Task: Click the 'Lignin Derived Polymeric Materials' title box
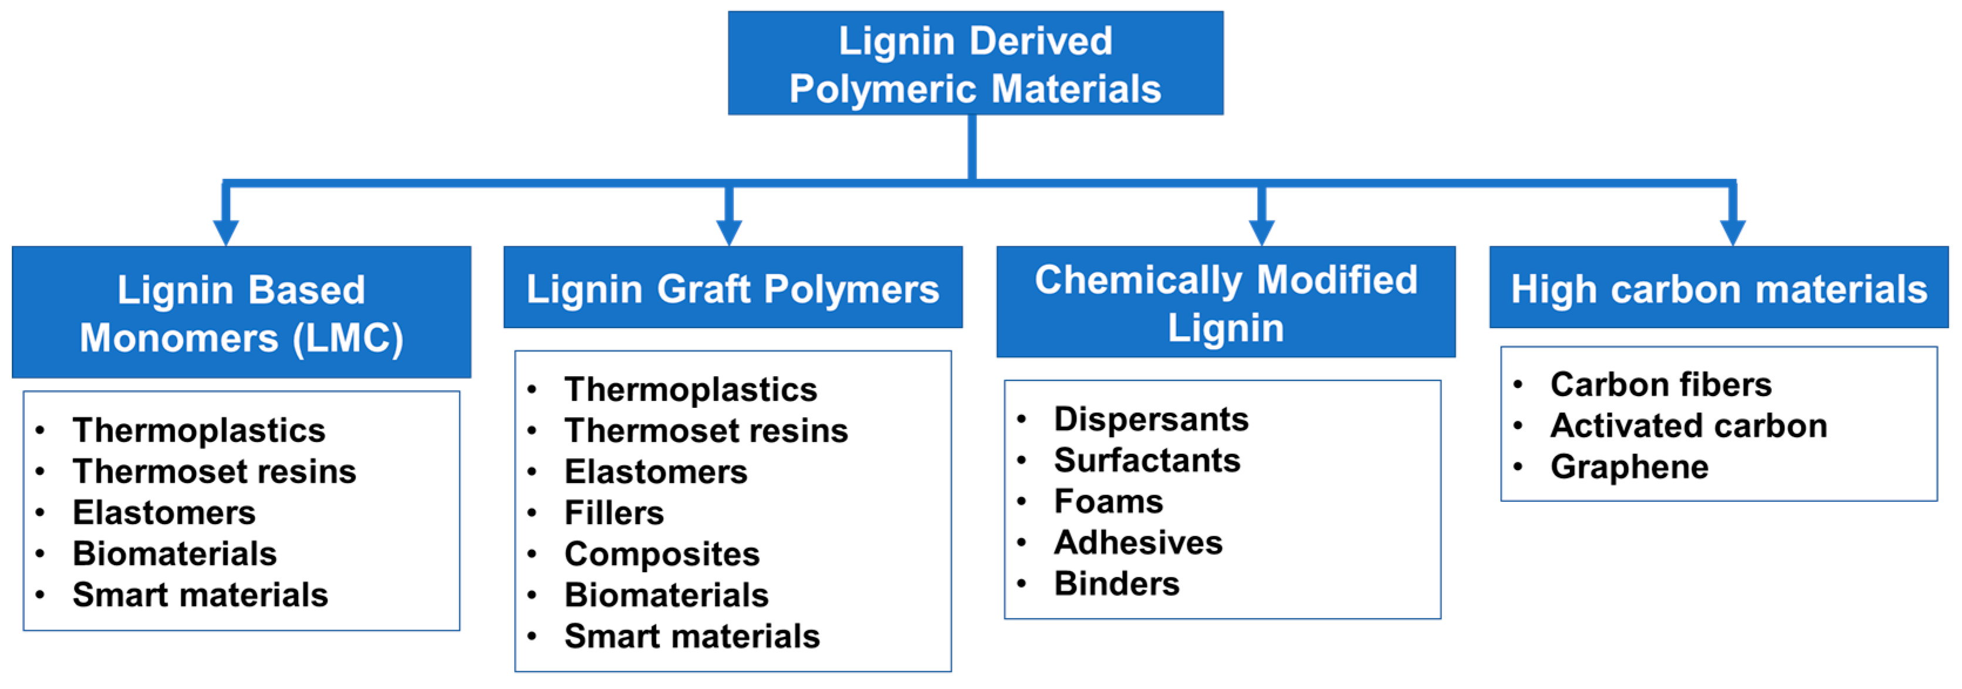[x=975, y=63]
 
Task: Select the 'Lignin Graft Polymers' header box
[x=732, y=288]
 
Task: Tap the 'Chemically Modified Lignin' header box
[x=1225, y=302]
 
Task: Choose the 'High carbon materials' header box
[x=1718, y=288]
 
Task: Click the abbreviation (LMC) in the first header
[x=348, y=338]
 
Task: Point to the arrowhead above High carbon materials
[x=1732, y=231]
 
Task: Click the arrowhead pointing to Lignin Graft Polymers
[x=729, y=231]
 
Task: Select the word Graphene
[x=1629, y=467]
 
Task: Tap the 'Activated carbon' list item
[x=1688, y=425]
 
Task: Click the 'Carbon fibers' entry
[x=1660, y=384]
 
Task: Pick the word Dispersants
[x=1151, y=418]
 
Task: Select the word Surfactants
[x=1147, y=460]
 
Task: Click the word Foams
[x=1108, y=501]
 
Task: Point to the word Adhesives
[x=1138, y=542]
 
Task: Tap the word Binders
[x=1116, y=583]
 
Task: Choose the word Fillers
[x=614, y=512]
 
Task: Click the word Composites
[x=662, y=553]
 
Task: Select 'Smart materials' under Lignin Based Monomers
[x=200, y=595]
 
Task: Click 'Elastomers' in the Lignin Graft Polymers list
[x=656, y=471]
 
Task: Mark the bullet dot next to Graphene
[x=1517, y=467]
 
